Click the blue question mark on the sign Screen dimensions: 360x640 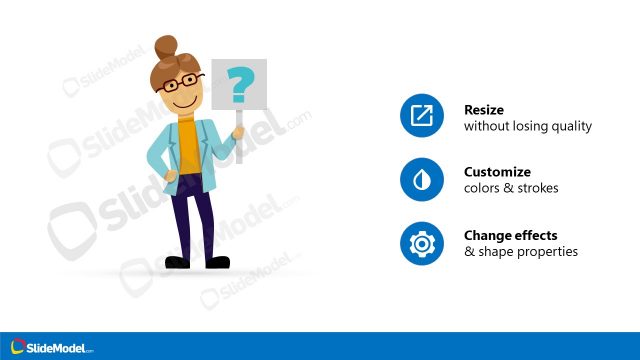pos(238,87)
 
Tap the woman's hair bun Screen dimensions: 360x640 pos(166,47)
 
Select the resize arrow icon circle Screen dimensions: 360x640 pos(421,117)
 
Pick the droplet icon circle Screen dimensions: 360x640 pos(421,180)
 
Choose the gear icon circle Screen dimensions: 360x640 pos(421,243)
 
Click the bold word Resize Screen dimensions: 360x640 pos(484,110)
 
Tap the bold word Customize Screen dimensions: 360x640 pos(497,172)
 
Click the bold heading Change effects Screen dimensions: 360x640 pos(510,235)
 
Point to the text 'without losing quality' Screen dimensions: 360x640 pos(527,127)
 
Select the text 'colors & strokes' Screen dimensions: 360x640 pos(511,188)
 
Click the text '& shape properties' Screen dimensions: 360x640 pos(520,251)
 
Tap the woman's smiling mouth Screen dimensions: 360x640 pos(182,102)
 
